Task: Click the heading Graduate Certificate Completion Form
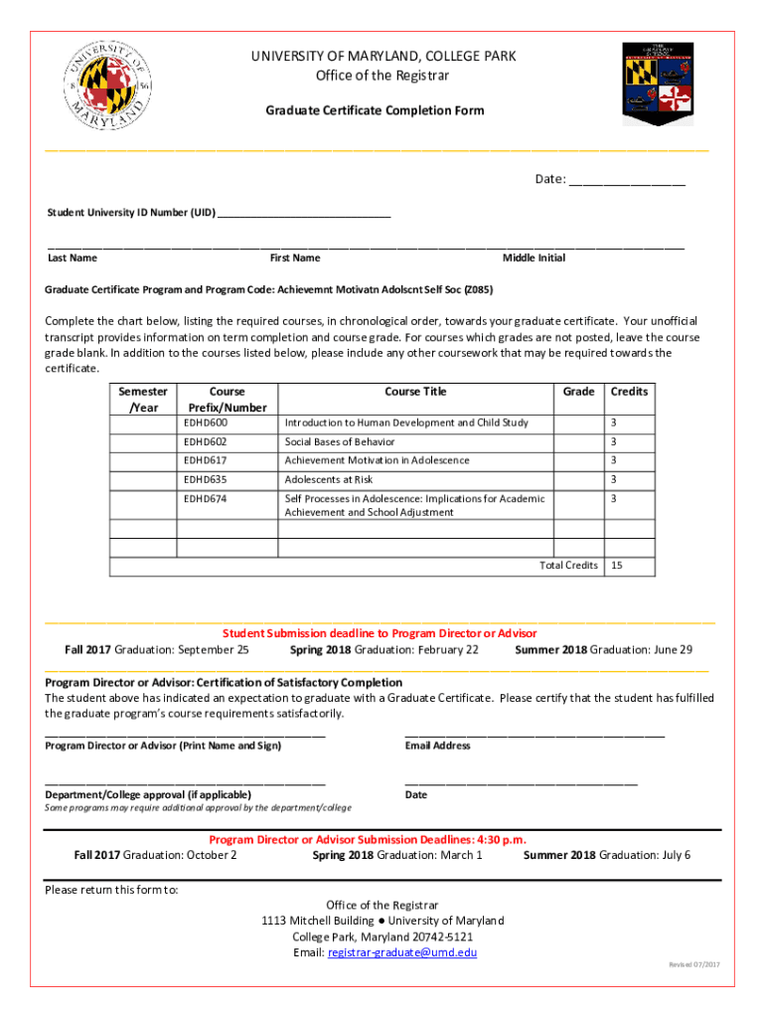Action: coord(375,110)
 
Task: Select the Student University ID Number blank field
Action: coord(304,214)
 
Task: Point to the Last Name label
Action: coord(73,258)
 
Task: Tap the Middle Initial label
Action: coord(534,258)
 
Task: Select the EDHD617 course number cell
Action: coord(206,460)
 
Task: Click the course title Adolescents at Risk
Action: coord(329,479)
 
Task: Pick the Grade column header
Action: coord(578,392)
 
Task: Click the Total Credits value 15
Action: coord(617,565)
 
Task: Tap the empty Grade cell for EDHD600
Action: coord(578,423)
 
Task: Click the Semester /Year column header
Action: coord(143,400)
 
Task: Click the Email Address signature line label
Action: coord(437,746)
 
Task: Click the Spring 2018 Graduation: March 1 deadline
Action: coord(397,855)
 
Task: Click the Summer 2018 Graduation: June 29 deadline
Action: coord(604,650)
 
